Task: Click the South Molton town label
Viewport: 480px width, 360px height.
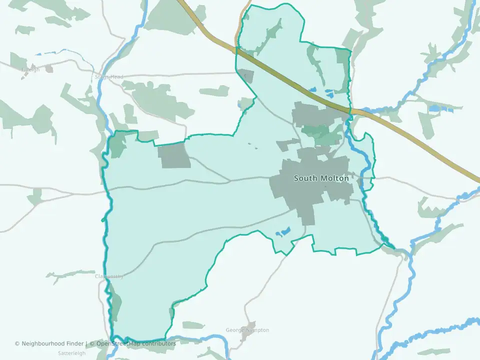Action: pyautogui.click(x=321, y=178)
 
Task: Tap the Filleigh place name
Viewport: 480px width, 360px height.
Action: pyautogui.click(x=30, y=69)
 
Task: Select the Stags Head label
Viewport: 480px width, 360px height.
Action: pyautogui.click(x=108, y=77)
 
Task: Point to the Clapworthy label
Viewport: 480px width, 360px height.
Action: pyautogui.click(x=108, y=276)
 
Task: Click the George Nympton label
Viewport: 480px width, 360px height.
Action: pyautogui.click(x=247, y=330)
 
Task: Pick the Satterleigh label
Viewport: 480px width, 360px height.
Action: pyautogui.click(x=72, y=352)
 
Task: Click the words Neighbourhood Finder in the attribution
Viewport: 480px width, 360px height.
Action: pyautogui.click(x=53, y=343)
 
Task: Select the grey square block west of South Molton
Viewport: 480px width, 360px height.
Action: pyautogui.click(x=174, y=155)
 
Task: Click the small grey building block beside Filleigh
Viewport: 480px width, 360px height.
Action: pyautogui.click(x=49, y=68)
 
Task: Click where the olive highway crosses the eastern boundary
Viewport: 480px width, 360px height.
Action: pyautogui.click(x=349, y=110)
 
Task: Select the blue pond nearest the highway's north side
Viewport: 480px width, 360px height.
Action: pyautogui.click(x=329, y=93)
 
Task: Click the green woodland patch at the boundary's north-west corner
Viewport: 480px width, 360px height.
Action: pyautogui.click(x=117, y=145)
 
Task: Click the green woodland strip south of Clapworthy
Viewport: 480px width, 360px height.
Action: pyautogui.click(x=115, y=306)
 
